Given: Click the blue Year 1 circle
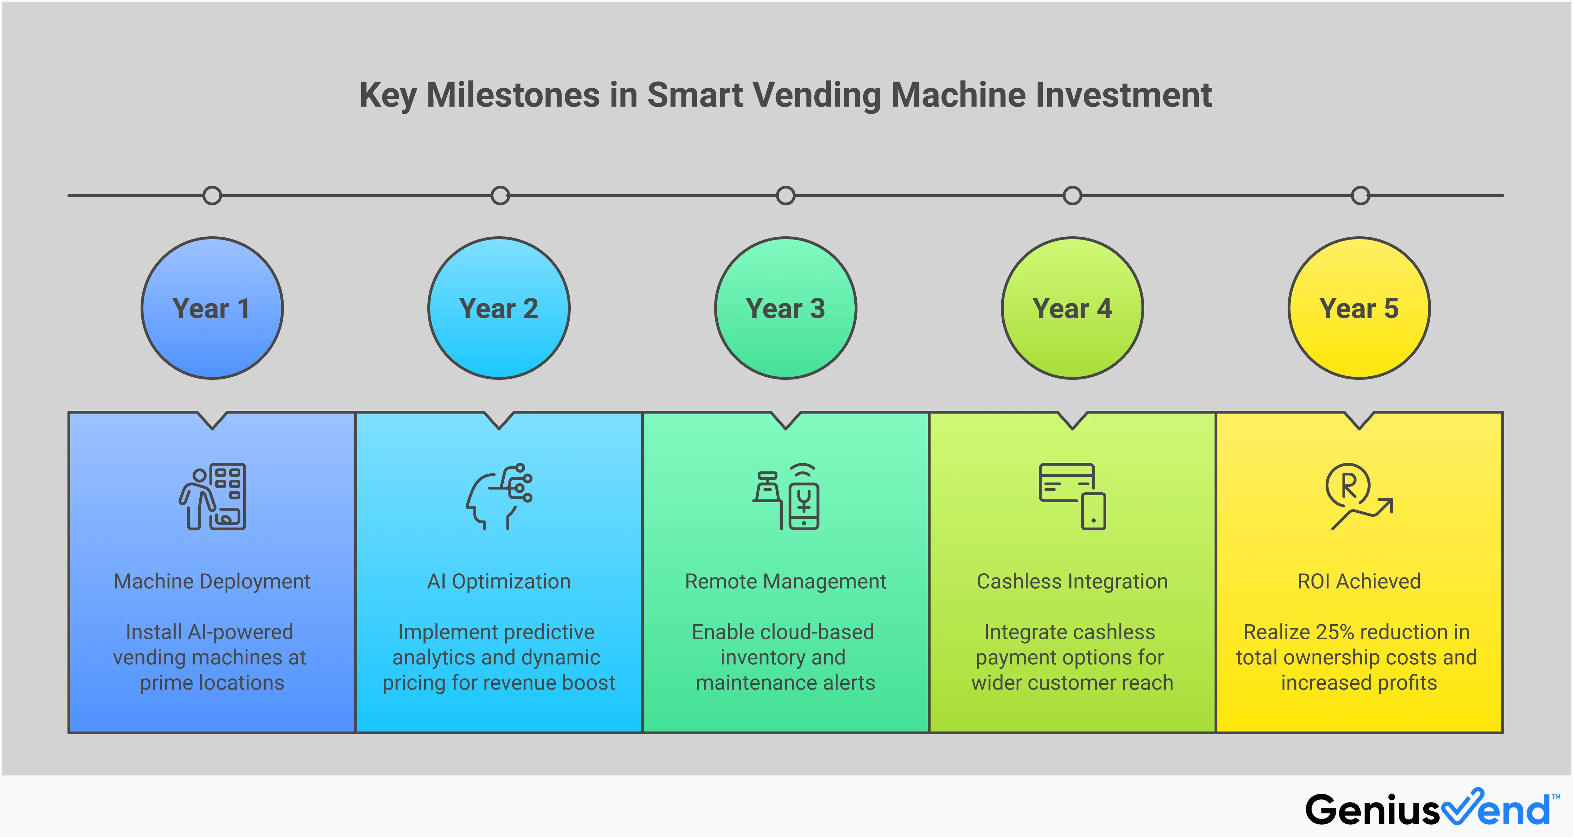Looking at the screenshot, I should click(x=212, y=308).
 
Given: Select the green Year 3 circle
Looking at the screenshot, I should click(x=785, y=308).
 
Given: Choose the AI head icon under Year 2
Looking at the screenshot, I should click(x=499, y=496).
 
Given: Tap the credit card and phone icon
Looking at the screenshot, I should click(x=1072, y=496).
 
